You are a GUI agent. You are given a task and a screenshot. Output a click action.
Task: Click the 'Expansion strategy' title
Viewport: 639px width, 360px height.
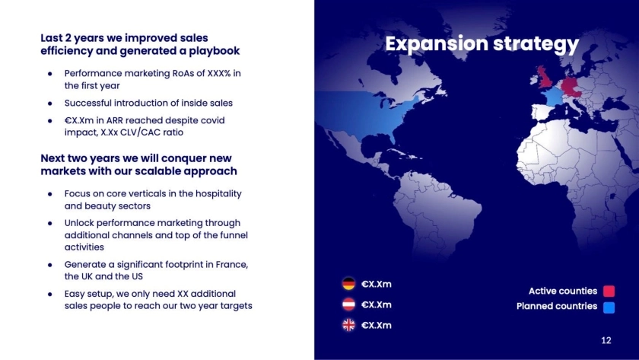tap(482, 44)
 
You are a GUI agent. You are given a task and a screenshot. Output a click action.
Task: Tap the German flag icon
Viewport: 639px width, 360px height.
tap(348, 284)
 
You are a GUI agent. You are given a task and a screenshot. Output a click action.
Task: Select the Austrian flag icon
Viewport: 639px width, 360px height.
tap(348, 304)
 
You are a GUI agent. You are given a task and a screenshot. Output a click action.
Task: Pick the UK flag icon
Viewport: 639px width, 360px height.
tap(348, 325)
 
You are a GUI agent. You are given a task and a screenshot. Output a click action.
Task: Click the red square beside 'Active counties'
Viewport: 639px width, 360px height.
tap(609, 291)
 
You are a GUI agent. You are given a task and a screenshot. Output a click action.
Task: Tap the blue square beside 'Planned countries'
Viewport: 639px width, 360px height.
tap(609, 307)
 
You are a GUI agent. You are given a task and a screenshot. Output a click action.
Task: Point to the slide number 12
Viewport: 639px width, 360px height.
tap(606, 340)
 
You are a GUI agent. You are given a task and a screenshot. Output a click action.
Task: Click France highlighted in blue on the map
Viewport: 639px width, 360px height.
tap(552, 97)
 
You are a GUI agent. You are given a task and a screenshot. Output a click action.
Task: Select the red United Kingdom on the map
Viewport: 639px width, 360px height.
tap(545, 78)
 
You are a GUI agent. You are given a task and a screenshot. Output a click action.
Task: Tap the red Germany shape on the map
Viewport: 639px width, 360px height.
tap(570, 88)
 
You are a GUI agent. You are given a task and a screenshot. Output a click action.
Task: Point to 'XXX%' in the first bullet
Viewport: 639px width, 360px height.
tap(219, 73)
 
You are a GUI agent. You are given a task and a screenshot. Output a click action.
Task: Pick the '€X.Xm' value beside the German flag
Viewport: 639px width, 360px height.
tap(376, 284)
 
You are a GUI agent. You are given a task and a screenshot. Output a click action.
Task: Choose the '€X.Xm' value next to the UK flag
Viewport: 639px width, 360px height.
tap(376, 325)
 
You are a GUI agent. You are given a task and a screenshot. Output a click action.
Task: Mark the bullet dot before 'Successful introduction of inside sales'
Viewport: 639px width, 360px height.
tap(49, 104)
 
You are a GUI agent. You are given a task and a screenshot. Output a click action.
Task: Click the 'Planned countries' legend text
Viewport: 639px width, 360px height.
tap(557, 306)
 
